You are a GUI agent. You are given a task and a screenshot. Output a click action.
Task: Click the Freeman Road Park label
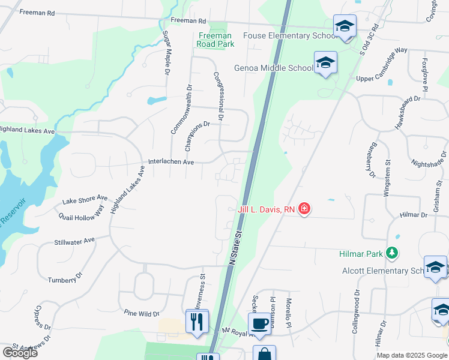click(x=215, y=40)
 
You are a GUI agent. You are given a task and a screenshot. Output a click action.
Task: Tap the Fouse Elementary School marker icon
click(x=345, y=26)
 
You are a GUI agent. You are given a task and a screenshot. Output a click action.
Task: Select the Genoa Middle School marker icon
click(x=325, y=63)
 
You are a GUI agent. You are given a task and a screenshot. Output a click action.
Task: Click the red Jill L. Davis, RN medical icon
click(x=304, y=209)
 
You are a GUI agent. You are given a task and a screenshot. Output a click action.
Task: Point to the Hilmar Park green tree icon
click(x=392, y=253)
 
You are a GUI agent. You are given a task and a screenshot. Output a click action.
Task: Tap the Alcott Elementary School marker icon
click(x=435, y=267)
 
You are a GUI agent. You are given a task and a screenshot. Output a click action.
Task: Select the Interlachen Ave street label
click(x=171, y=162)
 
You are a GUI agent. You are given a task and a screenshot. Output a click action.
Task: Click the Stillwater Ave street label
click(x=74, y=241)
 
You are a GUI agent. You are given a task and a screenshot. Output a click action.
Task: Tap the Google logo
click(x=20, y=352)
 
